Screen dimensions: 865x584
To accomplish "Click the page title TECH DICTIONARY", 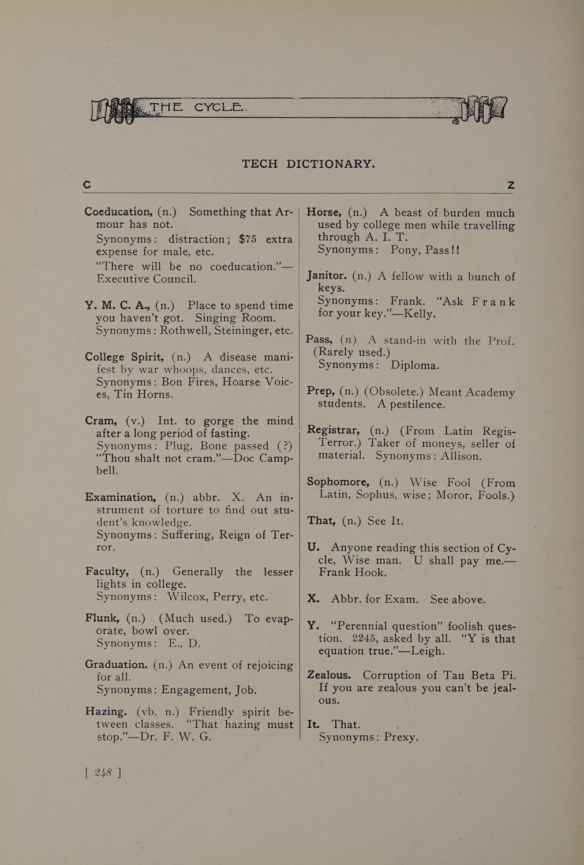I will pyautogui.click(x=308, y=164).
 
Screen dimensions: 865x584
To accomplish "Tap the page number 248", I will pyautogui.click(x=103, y=772).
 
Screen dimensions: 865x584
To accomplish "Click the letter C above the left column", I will pyautogui.click(x=87, y=185).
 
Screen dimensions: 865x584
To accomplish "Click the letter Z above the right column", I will pyautogui.click(x=511, y=185).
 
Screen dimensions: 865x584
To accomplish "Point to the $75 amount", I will pyautogui.click(x=248, y=239).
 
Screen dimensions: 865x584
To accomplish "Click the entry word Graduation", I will pyautogui.click(x=117, y=664).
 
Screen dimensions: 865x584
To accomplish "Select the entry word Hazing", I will pyautogui.click(x=106, y=712).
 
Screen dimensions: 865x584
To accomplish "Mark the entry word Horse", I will pyautogui.click(x=324, y=212).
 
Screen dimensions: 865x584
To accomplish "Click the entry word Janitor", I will pyautogui.click(x=326, y=276).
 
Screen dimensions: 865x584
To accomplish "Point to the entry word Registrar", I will pyautogui.click(x=334, y=430).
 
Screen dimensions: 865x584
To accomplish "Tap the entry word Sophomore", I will pyautogui.click(x=338, y=482).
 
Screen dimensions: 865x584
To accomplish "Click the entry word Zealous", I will pyautogui.click(x=328, y=675).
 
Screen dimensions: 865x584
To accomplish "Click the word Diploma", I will pyautogui.click(x=414, y=365).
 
